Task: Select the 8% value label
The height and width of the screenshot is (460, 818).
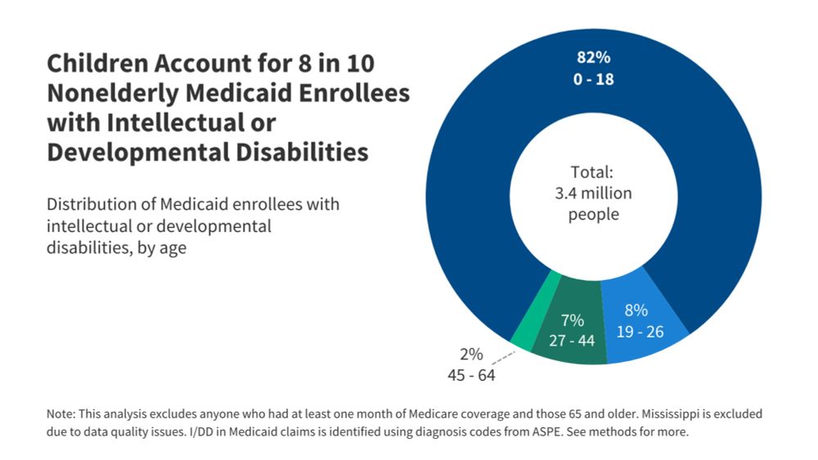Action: click(636, 310)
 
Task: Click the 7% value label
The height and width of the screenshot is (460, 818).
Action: click(572, 320)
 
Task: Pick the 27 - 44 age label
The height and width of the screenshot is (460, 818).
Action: click(572, 341)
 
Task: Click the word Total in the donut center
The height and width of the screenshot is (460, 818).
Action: click(591, 173)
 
